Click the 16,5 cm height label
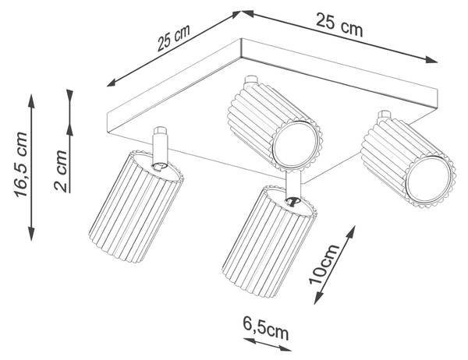[21, 164]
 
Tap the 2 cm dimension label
[61, 171]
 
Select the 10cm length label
[324, 264]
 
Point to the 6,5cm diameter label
[266, 328]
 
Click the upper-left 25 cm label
[174, 38]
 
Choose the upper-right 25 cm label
[339, 24]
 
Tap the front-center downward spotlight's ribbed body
[269, 241]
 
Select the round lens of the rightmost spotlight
[430, 180]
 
